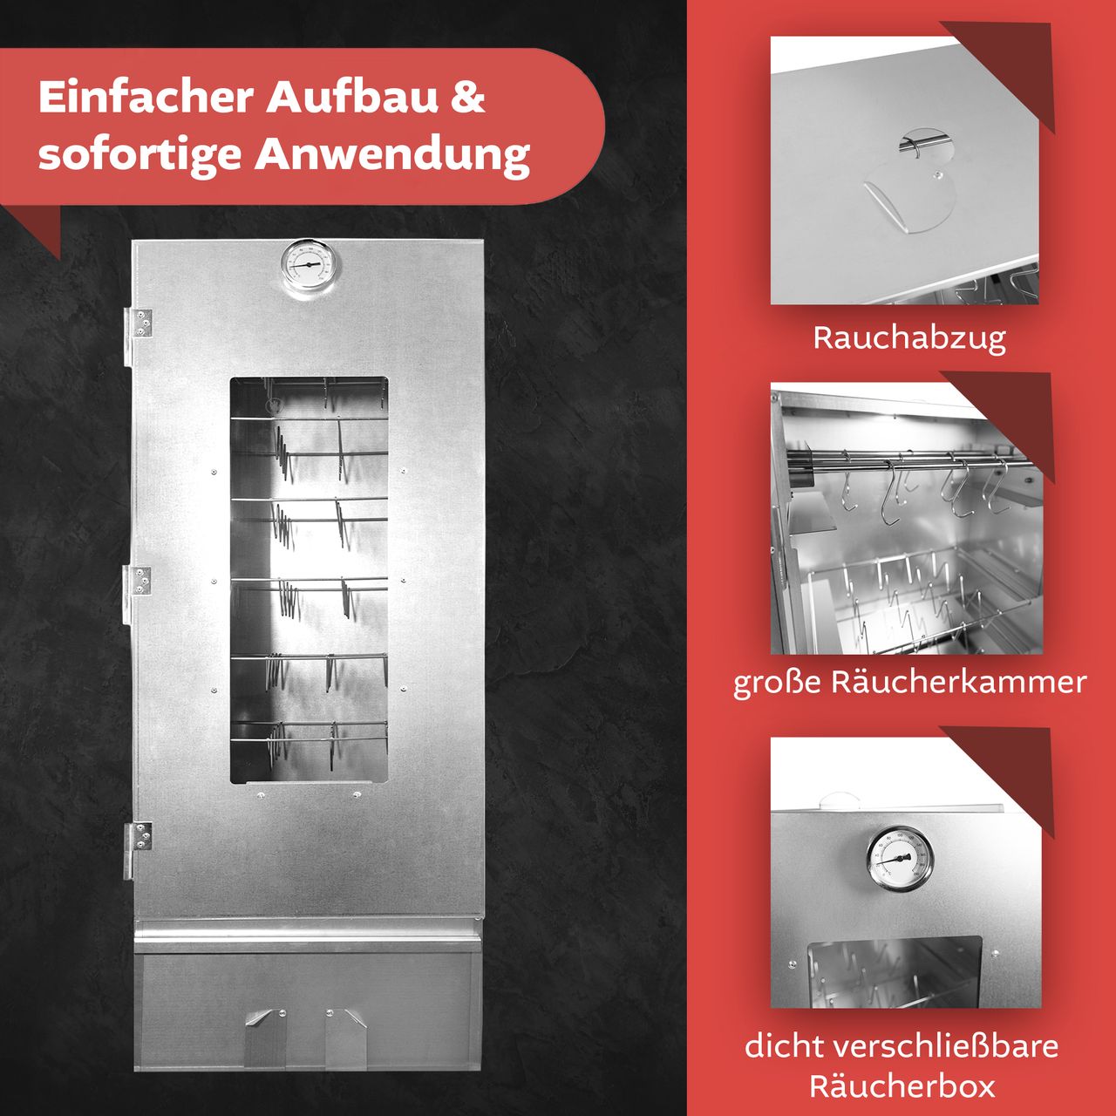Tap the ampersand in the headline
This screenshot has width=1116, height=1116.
click(467, 97)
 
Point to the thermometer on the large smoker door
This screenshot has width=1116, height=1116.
click(310, 265)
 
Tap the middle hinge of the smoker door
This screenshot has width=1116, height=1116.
click(139, 582)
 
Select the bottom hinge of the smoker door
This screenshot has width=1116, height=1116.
click(139, 838)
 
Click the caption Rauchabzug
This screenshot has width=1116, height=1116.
click(909, 338)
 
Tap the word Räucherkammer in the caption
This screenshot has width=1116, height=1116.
click(959, 682)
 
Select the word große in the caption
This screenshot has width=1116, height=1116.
click(777, 682)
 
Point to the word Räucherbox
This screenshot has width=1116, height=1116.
click(902, 1087)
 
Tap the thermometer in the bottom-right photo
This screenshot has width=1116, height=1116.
click(899, 859)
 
